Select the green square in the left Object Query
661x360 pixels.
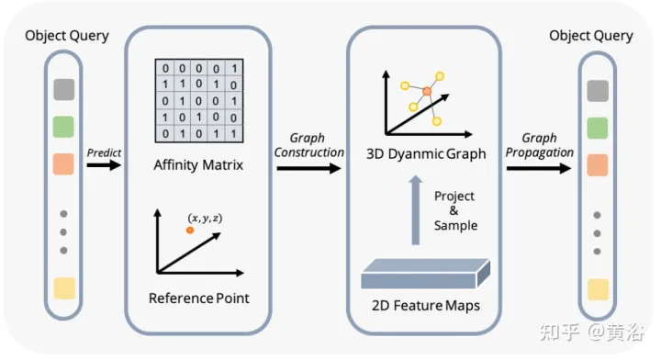[x=63, y=126]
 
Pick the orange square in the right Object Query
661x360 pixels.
[x=596, y=165]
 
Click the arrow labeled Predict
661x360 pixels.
[x=104, y=165]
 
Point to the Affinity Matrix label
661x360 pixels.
[x=198, y=166]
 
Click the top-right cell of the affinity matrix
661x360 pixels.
[x=235, y=68]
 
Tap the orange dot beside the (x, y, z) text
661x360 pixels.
[x=190, y=230]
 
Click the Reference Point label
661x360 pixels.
[x=198, y=298]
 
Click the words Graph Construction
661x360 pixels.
[x=309, y=145]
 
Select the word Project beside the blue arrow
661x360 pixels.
[x=454, y=196]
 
